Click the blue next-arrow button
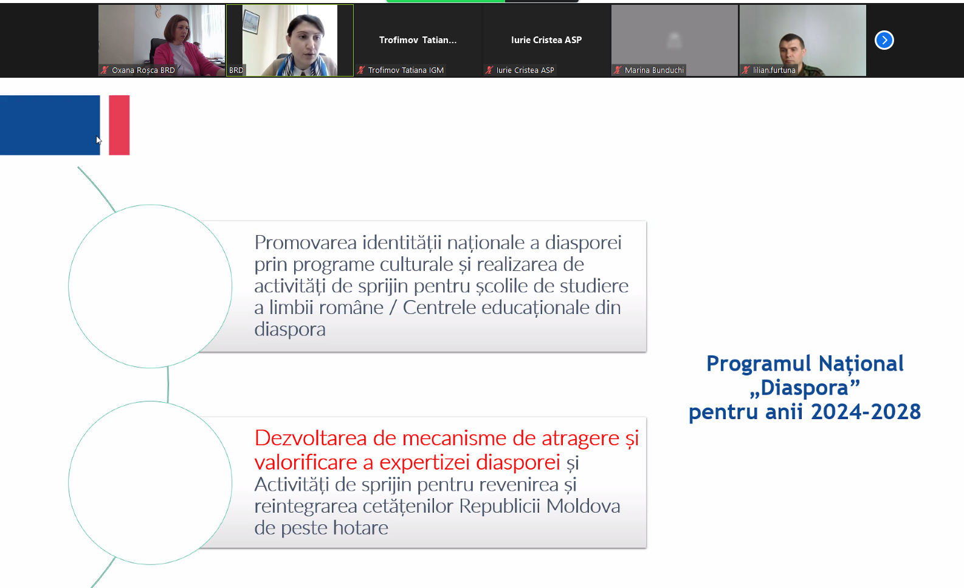[884, 41]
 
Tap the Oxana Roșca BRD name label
[143, 70]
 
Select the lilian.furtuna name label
[774, 70]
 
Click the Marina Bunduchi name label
[654, 70]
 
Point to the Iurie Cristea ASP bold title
[546, 40]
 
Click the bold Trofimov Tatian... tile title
[418, 40]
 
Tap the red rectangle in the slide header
[119, 125]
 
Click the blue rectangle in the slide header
[50, 125]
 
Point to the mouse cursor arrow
[98, 140]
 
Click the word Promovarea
[306, 243]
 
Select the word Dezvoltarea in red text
[310, 439]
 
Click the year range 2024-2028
[866, 412]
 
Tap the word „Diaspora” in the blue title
[804, 388]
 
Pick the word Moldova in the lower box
[583, 506]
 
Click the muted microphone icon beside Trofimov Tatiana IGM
[360, 70]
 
